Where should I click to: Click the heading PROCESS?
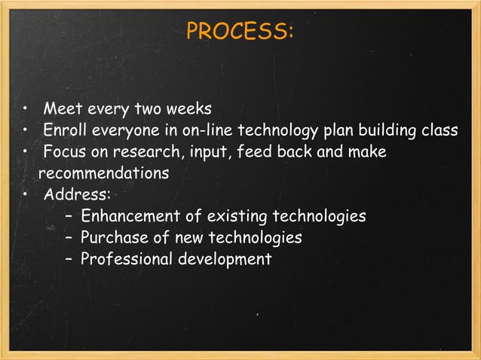[x=240, y=32]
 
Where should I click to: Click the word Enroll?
[x=66, y=130]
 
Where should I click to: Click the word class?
[x=440, y=130]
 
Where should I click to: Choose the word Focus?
[x=63, y=151]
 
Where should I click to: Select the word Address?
[x=77, y=195]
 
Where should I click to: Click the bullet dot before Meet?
[x=26, y=108]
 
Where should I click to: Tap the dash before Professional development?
[x=69, y=260]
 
